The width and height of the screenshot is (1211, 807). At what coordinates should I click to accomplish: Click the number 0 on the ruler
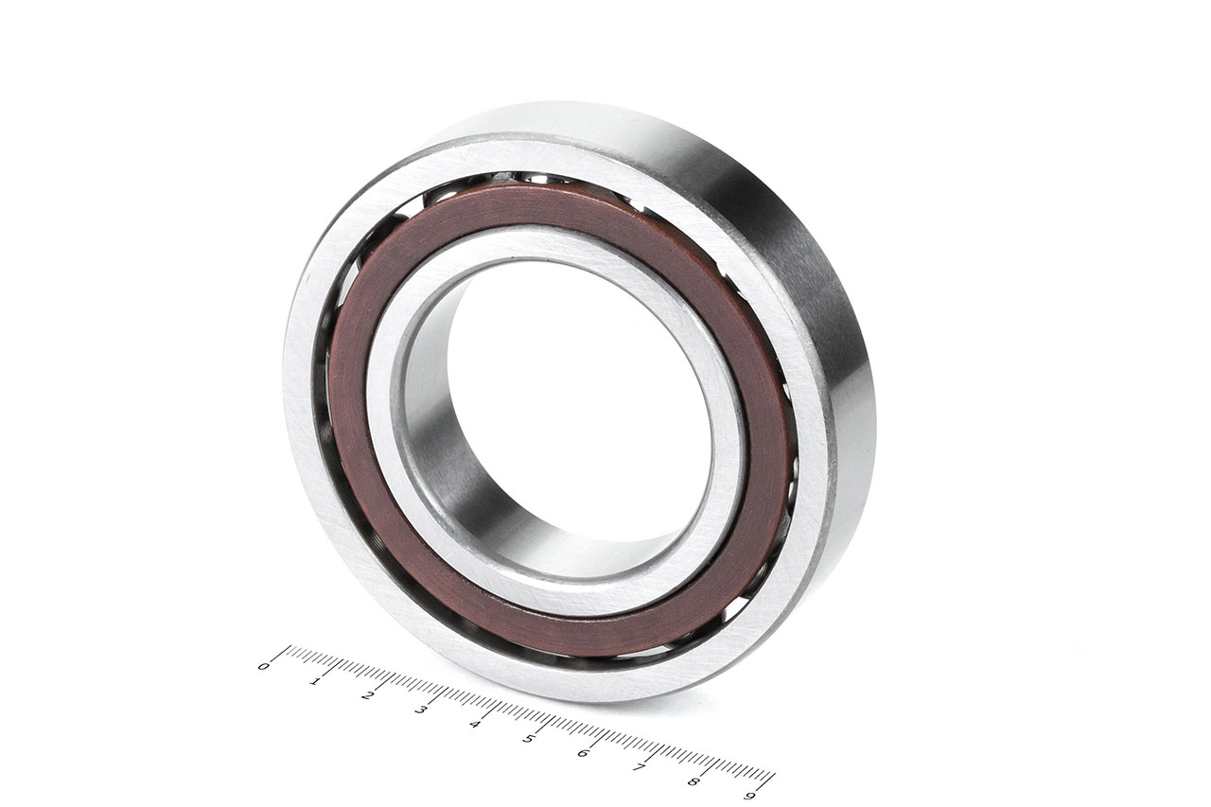click(263, 666)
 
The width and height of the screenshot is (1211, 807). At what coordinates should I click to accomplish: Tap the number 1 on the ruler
click(314, 681)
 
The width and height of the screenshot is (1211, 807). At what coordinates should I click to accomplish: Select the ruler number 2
click(368, 695)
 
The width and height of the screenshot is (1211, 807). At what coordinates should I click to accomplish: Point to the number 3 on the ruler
click(421, 710)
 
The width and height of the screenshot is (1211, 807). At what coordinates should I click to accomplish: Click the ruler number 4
click(475, 724)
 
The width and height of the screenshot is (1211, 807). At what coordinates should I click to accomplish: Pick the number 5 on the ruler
click(528, 738)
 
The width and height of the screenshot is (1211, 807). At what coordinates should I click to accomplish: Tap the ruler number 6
click(583, 753)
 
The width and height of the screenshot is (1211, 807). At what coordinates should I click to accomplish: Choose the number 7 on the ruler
click(639, 767)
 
